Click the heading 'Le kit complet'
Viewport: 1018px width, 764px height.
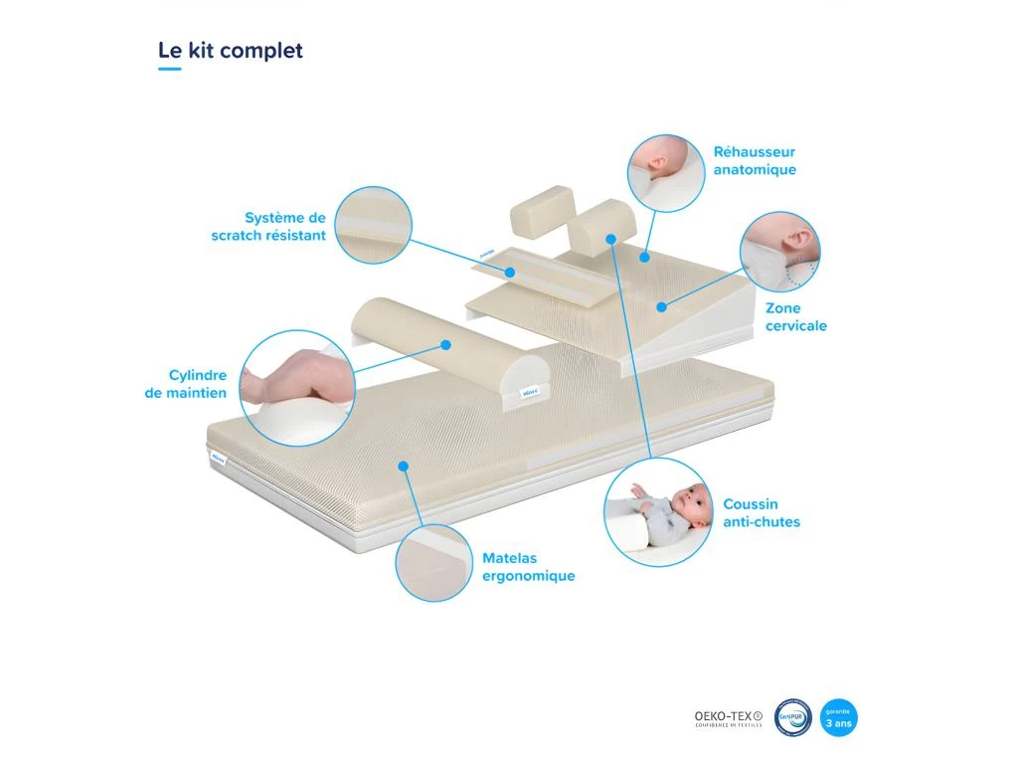tap(231, 50)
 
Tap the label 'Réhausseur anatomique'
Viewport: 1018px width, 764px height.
tap(755, 161)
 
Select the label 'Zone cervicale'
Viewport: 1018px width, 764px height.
tap(795, 317)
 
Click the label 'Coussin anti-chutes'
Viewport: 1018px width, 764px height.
tap(762, 513)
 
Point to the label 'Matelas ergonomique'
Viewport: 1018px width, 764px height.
tap(528, 567)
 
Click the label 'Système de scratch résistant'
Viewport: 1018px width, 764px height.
tap(268, 227)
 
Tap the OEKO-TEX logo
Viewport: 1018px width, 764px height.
tap(728, 717)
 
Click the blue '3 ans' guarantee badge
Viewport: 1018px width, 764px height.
tap(838, 717)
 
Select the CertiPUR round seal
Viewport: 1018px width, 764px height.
tap(793, 717)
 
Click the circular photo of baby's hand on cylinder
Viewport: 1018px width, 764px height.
tap(297, 387)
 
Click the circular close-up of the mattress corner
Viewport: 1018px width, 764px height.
tap(433, 562)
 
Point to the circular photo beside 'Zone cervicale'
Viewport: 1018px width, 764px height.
tap(780, 251)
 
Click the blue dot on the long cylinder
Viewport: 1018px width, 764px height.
tap(446, 345)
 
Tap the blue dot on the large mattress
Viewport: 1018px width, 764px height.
tap(403, 465)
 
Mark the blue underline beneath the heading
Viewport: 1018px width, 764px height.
tap(170, 70)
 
